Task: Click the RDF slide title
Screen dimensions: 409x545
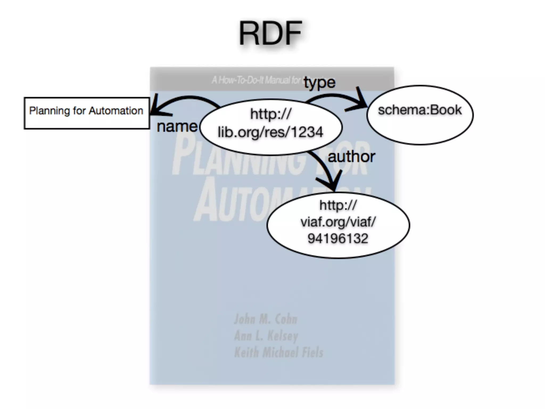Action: [x=270, y=33]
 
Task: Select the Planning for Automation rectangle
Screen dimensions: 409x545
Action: [x=86, y=113]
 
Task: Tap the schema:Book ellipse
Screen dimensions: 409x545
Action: [x=420, y=115]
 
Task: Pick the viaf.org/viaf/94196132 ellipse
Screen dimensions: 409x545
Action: [x=338, y=225]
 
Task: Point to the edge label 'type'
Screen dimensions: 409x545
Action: [x=319, y=83]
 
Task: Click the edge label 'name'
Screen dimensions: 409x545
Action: [x=177, y=126]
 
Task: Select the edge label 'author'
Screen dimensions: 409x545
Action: [x=351, y=157]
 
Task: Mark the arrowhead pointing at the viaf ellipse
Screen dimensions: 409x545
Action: [x=331, y=184]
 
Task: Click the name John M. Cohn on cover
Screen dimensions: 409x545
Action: [x=265, y=319]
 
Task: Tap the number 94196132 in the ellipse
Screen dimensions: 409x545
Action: [x=338, y=238]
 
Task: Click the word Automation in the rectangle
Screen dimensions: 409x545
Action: [x=116, y=111]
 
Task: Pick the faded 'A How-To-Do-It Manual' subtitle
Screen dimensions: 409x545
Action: [x=255, y=80]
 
